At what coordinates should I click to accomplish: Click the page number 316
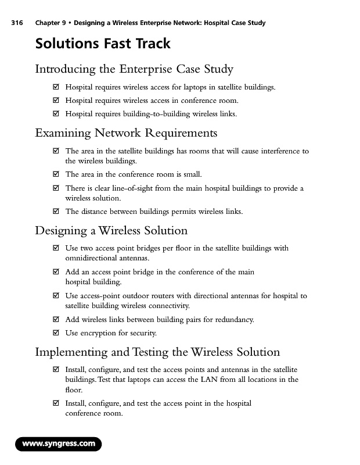coord(16,23)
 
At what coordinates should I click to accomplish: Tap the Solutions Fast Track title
coord(103,44)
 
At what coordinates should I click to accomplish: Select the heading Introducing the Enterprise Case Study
coord(134,70)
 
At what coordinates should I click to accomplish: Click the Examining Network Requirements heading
coord(126,133)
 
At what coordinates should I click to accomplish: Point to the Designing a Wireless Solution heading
coord(111,231)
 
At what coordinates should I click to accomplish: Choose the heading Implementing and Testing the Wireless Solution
coord(157,352)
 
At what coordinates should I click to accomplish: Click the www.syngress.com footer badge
coord(58,444)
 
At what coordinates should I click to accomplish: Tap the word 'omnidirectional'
coord(93,258)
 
